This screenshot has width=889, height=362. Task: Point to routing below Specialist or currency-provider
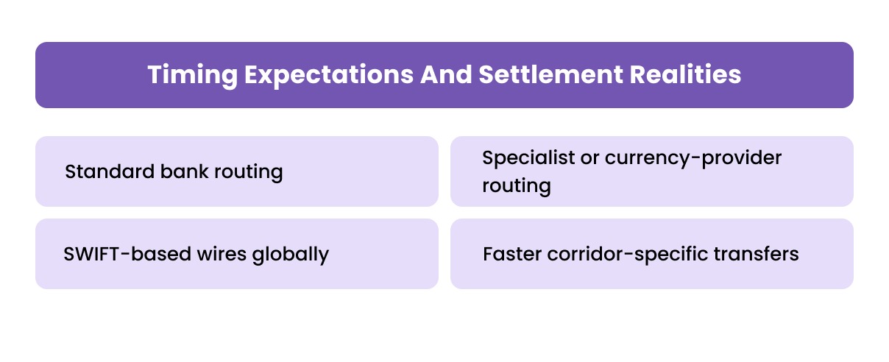click(516, 185)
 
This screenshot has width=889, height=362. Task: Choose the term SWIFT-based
click(121, 254)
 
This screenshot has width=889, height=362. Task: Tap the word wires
click(214, 254)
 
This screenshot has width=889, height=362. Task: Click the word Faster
click(510, 254)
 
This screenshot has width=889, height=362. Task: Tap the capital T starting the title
click(153, 76)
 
